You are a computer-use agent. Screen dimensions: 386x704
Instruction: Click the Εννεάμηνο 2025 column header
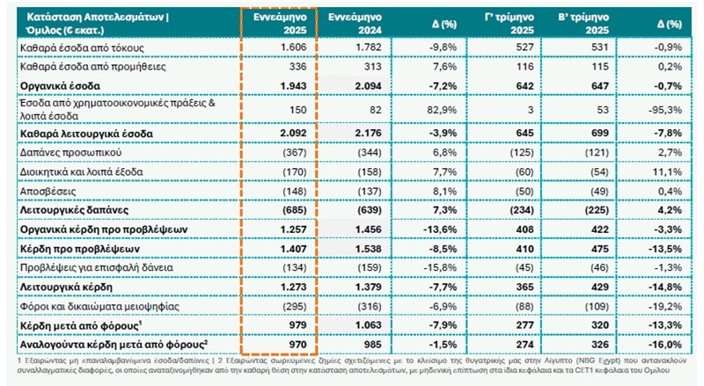276,23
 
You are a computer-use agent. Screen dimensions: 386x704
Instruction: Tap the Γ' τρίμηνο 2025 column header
510,23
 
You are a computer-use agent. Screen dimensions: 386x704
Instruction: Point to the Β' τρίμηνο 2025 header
585,23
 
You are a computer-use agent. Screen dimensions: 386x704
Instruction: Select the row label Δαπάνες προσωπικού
61,154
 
